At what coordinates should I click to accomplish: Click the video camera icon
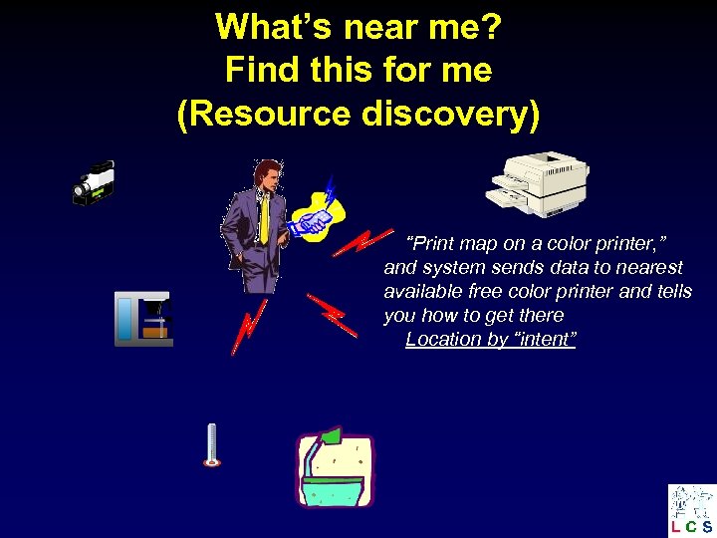[x=94, y=182]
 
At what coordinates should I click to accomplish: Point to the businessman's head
[x=265, y=174]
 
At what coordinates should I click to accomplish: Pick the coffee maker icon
[x=143, y=319]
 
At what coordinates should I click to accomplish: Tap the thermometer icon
[x=210, y=444]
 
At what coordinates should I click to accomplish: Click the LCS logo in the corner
[x=691, y=510]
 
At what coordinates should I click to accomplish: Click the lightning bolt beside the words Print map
[x=361, y=242]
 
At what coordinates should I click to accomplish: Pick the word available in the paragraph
[x=419, y=291]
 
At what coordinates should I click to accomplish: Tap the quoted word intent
[x=542, y=339]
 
